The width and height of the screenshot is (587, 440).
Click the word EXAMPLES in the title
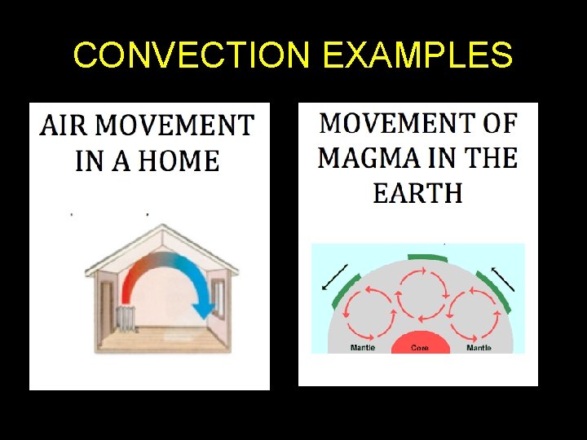(x=417, y=55)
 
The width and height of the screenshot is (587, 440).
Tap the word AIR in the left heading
(x=62, y=126)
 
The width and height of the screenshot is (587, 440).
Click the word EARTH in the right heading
(x=417, y=193)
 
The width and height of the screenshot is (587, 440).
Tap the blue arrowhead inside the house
(x=203, y=310)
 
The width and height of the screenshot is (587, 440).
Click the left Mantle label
(x=362, y=348)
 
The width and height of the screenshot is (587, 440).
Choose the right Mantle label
(x=479, y=348)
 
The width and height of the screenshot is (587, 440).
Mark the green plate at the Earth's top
(x=428, y=257)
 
